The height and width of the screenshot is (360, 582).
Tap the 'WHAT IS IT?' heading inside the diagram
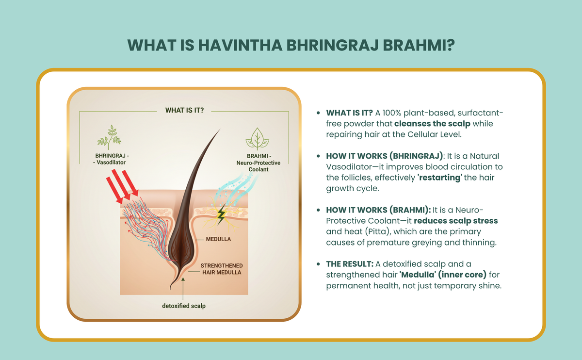184,110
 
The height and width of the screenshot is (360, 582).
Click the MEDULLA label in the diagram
218,239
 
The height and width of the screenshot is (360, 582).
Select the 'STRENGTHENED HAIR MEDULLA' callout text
222,269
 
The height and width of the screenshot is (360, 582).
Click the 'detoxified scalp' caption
184,306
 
